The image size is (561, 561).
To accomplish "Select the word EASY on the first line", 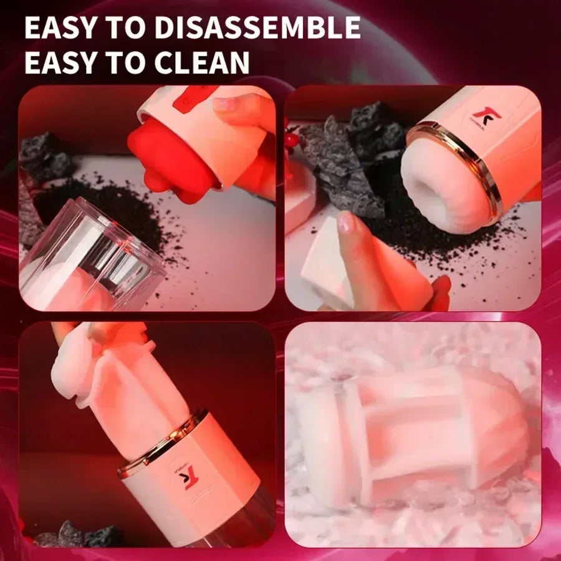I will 60,28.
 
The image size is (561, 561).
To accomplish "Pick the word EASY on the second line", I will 60,62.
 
